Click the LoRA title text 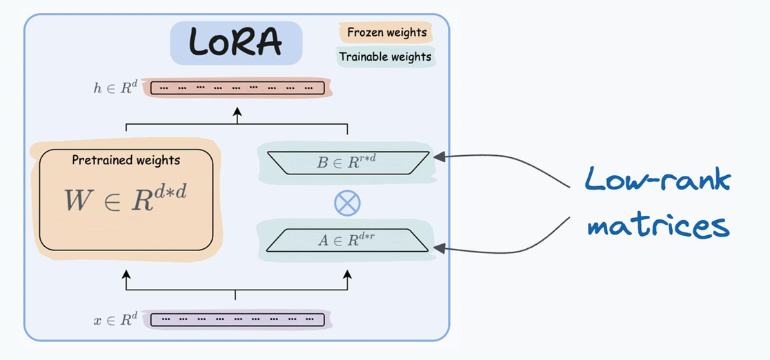click(x=236, y=42)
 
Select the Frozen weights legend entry click(x=386, y=33)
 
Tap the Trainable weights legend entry click(x=386, y=57)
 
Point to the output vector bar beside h click(x=237, y=88)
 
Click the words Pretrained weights click(x=126, y=160)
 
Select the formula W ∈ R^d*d click(x=126, y=198)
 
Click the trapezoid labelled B click(x=348, y=163)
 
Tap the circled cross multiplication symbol click(x=347, y=203)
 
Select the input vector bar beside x click(x=237, y=320)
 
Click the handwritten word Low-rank click(x=657, y=180)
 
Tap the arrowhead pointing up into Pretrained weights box click(x=126, y=273)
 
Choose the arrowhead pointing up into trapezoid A click(x=348, y=273)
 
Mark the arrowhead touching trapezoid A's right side click(x=440, y=249)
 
